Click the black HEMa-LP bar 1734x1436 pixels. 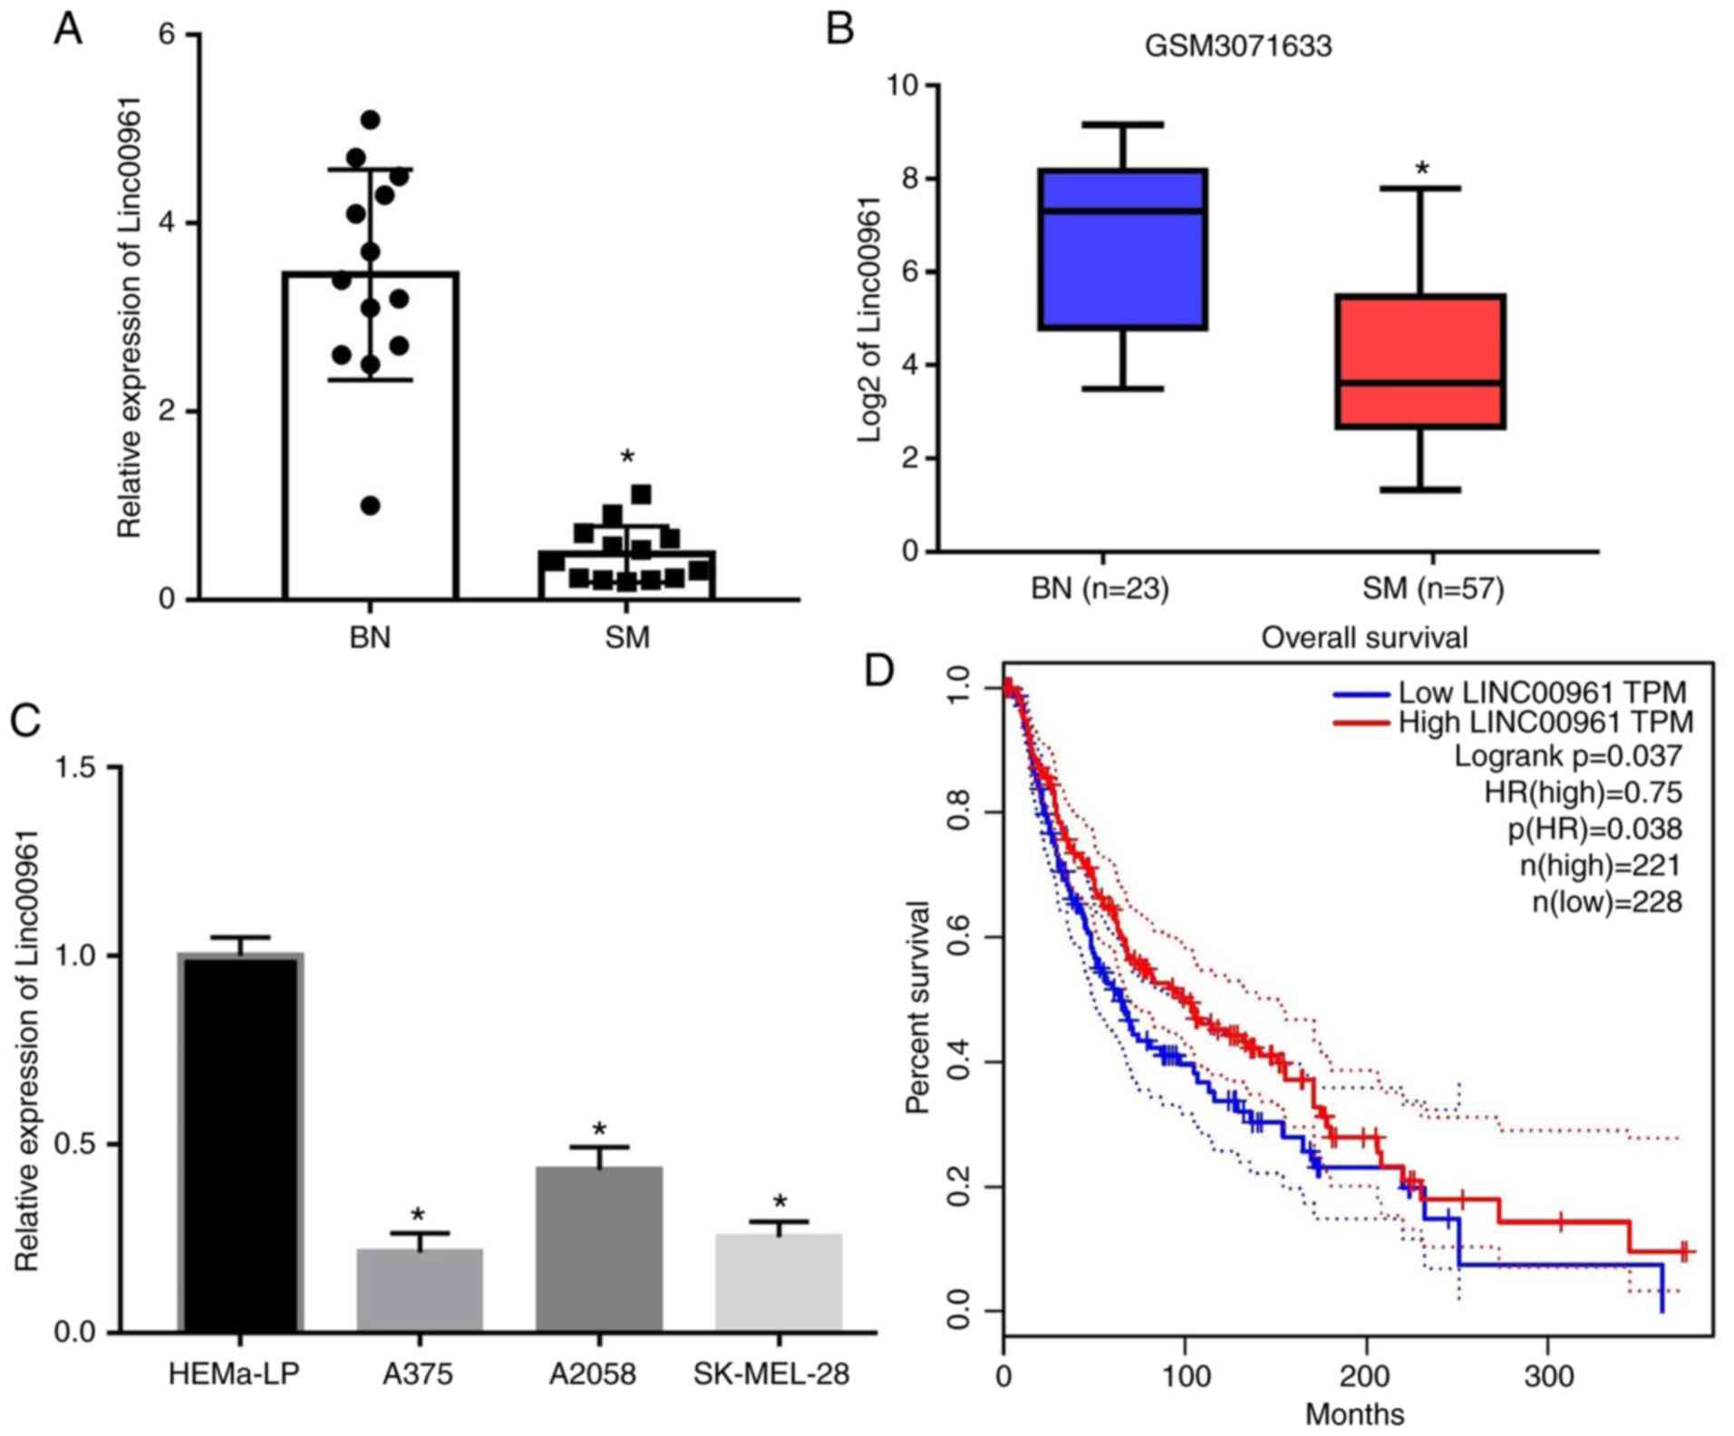point(240,1142)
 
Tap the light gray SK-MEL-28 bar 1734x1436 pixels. point(779,1282)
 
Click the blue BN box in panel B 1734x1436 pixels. point(1122,249)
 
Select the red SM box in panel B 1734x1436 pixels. point(1420,361)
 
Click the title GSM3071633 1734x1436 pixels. point(1237,45)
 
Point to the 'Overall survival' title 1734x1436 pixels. point(1364,637)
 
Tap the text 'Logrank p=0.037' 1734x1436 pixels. point(1567,756)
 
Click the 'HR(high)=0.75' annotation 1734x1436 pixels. point(1582,792)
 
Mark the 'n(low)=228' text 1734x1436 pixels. point(1606,902)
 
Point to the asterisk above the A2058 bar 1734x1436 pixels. point(599,1130)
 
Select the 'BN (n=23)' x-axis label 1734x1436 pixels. point(1099,588)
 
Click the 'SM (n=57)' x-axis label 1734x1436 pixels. point(1432,588)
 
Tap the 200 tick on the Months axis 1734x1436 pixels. point(1365,1376)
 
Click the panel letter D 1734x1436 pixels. point(879,671)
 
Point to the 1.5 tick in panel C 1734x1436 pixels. point(75,768)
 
